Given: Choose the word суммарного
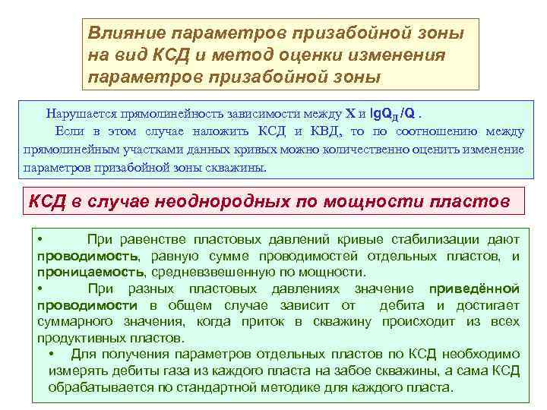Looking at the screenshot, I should coord(74,321).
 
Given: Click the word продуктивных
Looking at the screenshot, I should coord(79,337).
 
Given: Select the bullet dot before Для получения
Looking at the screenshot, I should coord(51,355).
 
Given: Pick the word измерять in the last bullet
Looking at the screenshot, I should coord(76,371).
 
